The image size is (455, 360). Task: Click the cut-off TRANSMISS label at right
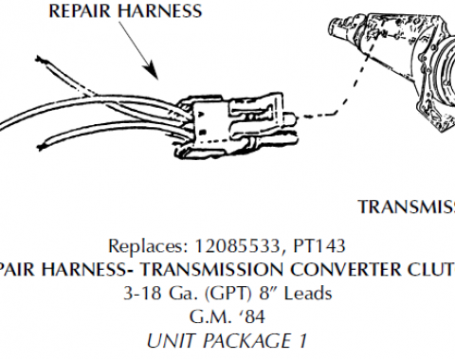(405, 206)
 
